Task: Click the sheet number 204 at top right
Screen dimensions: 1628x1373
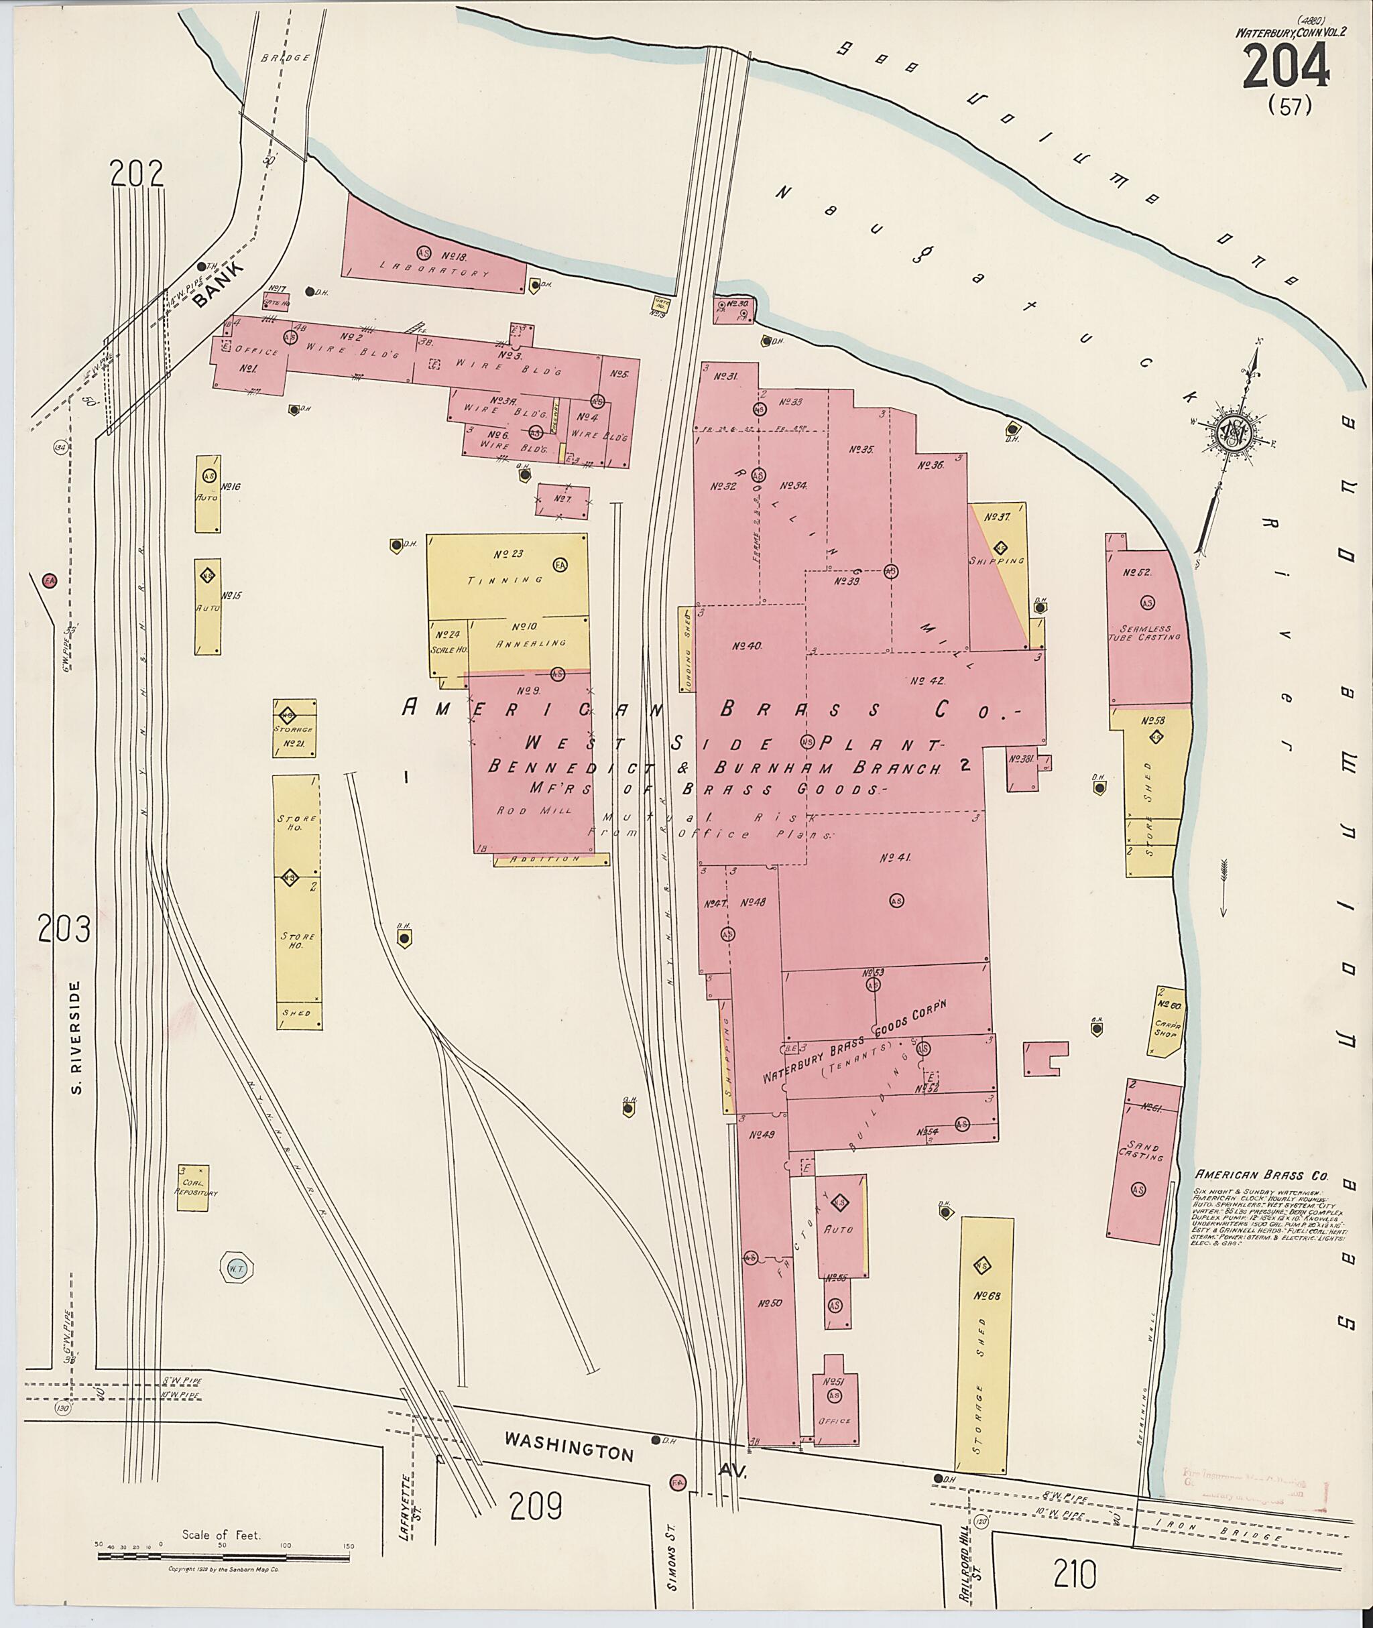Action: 1285,67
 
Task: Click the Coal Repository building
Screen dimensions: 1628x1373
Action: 193,1187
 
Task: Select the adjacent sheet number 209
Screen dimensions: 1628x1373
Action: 536,1507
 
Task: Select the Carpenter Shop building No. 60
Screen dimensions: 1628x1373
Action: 1165,1020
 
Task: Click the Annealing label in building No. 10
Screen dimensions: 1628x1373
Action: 529,643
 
